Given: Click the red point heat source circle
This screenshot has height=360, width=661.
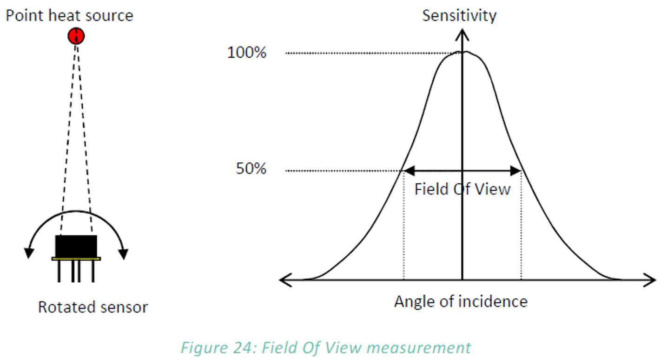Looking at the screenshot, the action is (76, 36).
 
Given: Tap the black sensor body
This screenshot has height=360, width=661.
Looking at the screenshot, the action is (76, 246).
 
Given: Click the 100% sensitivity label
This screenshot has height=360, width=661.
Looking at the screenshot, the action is (247, 53).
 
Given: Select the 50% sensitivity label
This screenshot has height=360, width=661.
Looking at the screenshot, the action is (251, 169).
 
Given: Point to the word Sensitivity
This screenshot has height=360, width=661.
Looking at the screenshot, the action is (459, 16).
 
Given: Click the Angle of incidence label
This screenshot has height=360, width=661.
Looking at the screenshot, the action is (461, 301).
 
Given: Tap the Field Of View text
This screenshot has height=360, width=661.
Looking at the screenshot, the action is (463, 189).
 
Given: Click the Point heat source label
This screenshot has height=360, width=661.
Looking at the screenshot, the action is (69, 15).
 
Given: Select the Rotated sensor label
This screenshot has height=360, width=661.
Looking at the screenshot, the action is (93, 307).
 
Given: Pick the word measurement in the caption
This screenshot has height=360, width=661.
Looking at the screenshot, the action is (418, 347).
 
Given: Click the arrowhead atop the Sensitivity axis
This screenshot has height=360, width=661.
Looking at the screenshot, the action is (462, 34).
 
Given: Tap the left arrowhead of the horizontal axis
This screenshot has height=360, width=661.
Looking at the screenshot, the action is (286, 280).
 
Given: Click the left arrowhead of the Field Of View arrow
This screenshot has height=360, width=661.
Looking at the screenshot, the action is (409, 171).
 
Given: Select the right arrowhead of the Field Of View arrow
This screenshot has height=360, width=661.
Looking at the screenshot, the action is (516, 171).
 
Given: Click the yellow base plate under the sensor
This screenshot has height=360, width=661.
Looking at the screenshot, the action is (76, 259).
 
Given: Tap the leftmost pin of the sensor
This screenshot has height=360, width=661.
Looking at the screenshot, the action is (59, 272).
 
